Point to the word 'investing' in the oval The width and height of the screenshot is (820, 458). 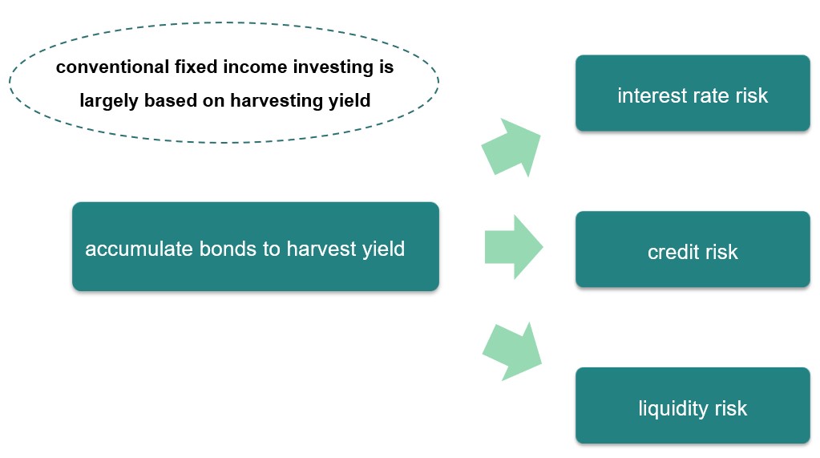point(328,68)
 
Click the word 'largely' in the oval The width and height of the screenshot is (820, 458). point(110,102)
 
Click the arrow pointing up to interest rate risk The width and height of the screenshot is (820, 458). point(512,148)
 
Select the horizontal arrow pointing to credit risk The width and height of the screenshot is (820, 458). point(514,247)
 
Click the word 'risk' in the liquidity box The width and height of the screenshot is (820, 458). point(731,408)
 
